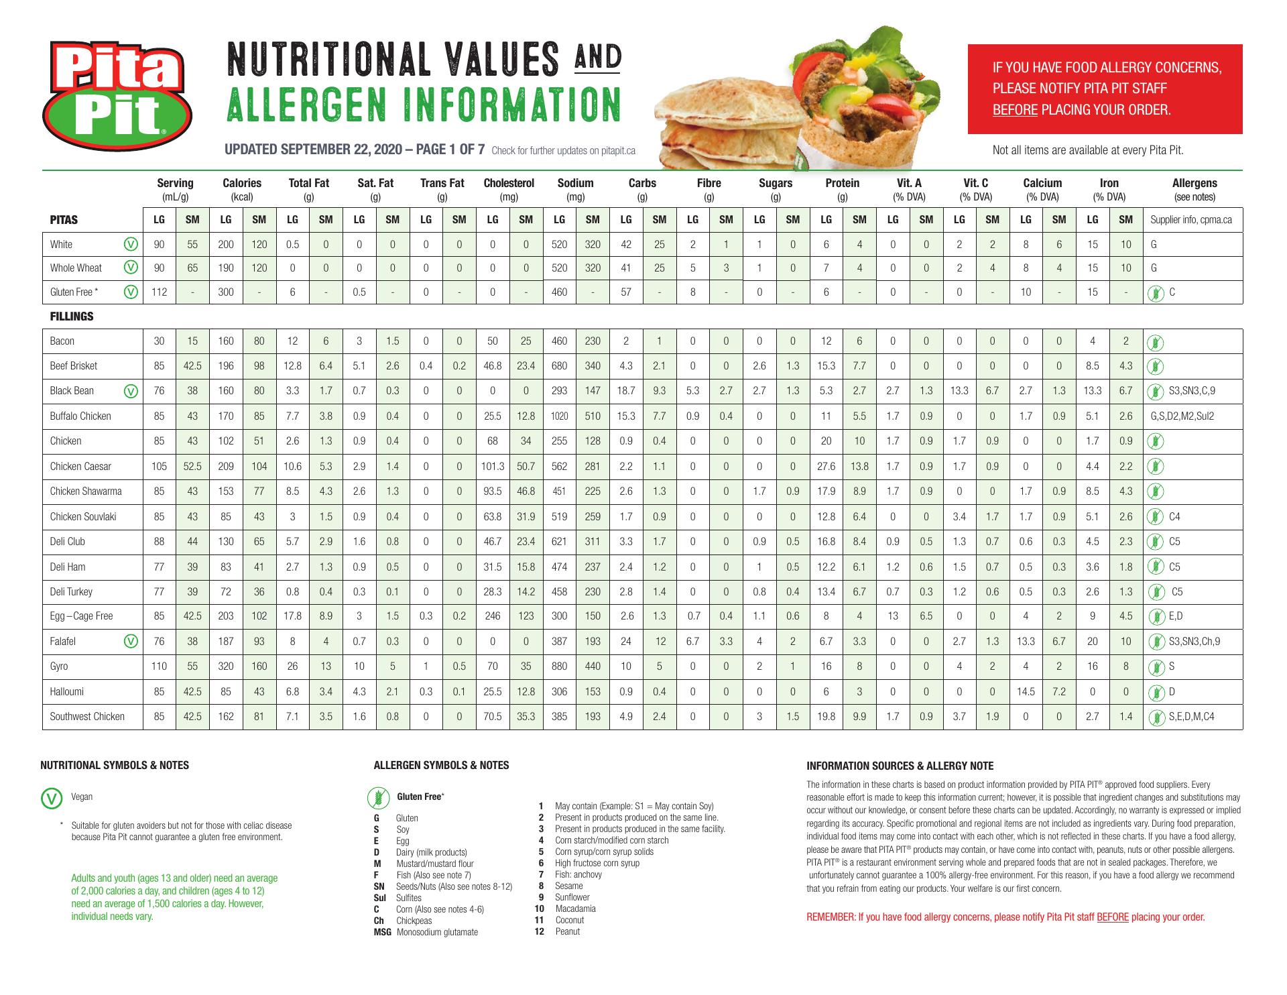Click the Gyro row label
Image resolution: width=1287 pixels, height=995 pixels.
[59, 666]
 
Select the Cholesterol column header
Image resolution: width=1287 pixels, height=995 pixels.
[509, 183]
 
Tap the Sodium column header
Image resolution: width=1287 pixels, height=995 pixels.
[575, 183]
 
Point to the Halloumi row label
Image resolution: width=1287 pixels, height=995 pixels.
[67, 691]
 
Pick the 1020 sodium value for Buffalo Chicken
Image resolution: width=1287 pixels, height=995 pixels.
[559, 416]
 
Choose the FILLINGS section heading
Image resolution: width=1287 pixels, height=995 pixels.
[72, 316]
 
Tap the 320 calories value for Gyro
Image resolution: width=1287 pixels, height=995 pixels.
[226, 666]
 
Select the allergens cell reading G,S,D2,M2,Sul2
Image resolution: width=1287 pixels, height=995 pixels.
[1182, 416]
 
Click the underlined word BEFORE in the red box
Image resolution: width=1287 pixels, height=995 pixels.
[1015, 110]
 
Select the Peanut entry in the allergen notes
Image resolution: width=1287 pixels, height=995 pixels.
[567, 931]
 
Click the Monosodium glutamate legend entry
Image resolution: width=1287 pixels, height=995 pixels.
[437, 932]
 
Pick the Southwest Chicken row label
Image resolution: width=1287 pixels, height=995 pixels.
[87, 717]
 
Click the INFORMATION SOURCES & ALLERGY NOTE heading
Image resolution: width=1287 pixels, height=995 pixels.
[900, 766]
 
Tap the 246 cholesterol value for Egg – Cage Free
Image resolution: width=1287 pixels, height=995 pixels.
[493, 616]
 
